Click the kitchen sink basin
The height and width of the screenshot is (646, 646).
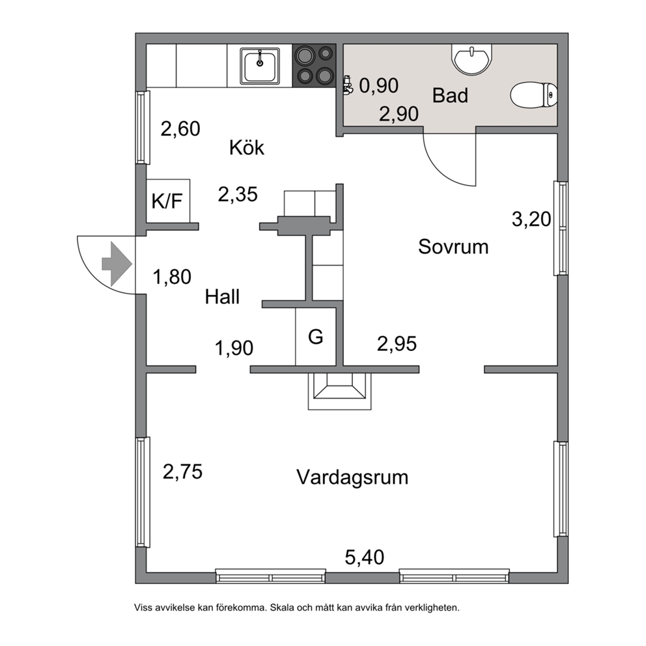click(260, 66)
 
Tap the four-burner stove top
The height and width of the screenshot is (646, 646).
click(314, 66)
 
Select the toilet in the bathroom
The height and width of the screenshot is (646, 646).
click(534, 95)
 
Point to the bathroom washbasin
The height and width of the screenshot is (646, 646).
click(471, 59)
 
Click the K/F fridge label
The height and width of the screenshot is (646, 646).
click(167, 201)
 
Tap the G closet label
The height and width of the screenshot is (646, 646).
click(316, 337)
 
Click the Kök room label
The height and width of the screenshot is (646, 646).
click(246, 147)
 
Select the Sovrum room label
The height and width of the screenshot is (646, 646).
click(453, 247)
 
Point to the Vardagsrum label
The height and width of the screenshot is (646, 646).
click(352, 477)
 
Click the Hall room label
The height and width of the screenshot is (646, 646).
click(222, 297)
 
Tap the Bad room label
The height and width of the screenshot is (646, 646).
click(450, 96)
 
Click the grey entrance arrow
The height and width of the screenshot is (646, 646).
click(117, 264)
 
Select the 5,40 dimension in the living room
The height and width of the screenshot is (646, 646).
click(364, 557)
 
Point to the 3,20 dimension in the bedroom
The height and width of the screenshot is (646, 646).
click(531, 219)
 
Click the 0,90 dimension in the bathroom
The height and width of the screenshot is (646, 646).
click(378, 86)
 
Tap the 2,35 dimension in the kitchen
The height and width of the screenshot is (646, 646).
click(238, 195)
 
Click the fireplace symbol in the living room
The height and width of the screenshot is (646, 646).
click(339, 391)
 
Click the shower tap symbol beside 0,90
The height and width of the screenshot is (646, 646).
click(348, 85)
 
